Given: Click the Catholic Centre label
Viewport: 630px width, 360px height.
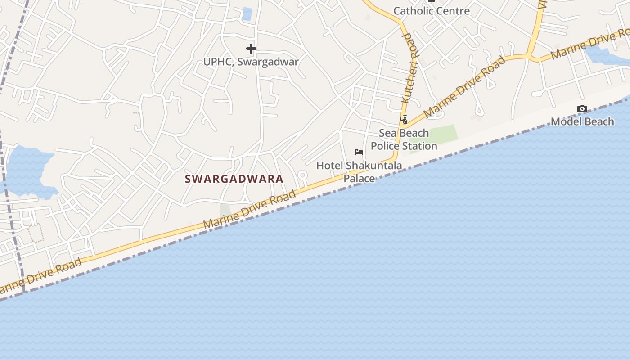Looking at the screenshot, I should coord(432,11).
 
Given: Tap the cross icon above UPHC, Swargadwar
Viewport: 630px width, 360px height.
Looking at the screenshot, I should coord(251,49).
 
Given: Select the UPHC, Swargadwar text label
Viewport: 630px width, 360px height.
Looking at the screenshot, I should coord(251,62).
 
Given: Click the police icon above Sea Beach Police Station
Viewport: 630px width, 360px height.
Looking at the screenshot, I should coord(404,120).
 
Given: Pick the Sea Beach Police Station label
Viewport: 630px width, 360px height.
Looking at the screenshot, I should coord(404,139).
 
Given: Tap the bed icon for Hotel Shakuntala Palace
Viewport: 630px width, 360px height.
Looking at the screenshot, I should coord(359,152).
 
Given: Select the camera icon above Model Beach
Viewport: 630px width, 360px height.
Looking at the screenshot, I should coord(582,109).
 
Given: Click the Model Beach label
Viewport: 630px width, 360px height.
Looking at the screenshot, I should coord(582,121).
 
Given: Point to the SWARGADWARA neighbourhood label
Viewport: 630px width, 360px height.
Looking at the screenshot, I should coord(234,179).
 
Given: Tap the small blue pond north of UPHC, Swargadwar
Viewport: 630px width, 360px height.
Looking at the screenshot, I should coord(247,14).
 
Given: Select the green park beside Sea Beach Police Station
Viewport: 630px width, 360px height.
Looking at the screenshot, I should coord(439,135).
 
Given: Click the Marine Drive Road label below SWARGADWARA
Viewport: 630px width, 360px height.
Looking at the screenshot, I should coord(249,209).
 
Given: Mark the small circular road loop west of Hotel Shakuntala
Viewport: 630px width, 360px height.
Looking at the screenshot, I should coord(302,175).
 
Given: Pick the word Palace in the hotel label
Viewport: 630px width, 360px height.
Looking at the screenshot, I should coord(359,179).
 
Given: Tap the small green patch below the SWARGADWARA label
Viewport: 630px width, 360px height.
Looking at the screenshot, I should coord(225,210).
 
